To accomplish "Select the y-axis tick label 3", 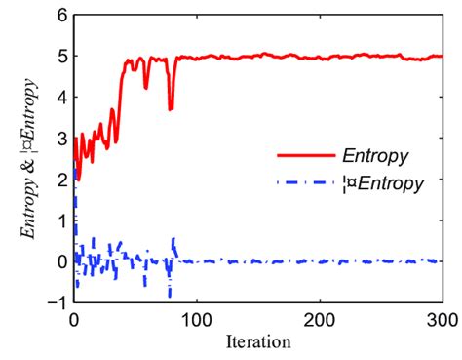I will click(x=60, y=139).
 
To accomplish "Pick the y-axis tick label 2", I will click(x=60, y=180).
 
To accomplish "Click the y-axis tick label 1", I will click(x=60, y=220).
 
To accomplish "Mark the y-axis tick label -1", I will click(x=57, y=302).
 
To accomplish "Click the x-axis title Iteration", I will click(x=257, y=341).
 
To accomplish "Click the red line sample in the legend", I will click(x=303, y=154).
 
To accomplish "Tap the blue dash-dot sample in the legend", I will click(x=303, y=182).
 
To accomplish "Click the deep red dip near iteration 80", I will click(x=171, y=108).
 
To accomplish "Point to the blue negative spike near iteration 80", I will click(x=170, y=294).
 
